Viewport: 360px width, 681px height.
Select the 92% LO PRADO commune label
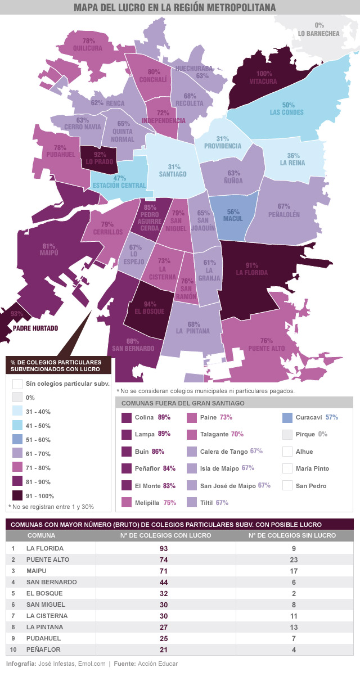pyautogui.click(x=100, y=161)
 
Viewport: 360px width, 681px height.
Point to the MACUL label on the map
pyautogui.click(x=233, y=219)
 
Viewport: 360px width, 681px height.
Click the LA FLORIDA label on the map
pyautogui.click(x=251, y=272)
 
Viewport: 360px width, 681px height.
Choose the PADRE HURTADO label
pyautogui.click(x=35, y=328)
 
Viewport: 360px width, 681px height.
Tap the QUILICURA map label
pyautogui.click(x=88, y=48)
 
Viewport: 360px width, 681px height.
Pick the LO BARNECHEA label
pyautogui.click(x=319, y=34)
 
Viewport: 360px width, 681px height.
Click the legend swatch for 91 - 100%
pyautogui.click(x=17, y=495)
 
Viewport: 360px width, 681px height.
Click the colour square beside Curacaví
pyautogui.click(x=287, y=418)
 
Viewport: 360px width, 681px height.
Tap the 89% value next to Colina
pyautogui.click(x=164, y=418)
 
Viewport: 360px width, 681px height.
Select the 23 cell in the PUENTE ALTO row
pyautogui.click(x=292, y=560)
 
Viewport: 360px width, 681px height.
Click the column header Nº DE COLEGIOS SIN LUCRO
pyautogui.click(x=292, y=535)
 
